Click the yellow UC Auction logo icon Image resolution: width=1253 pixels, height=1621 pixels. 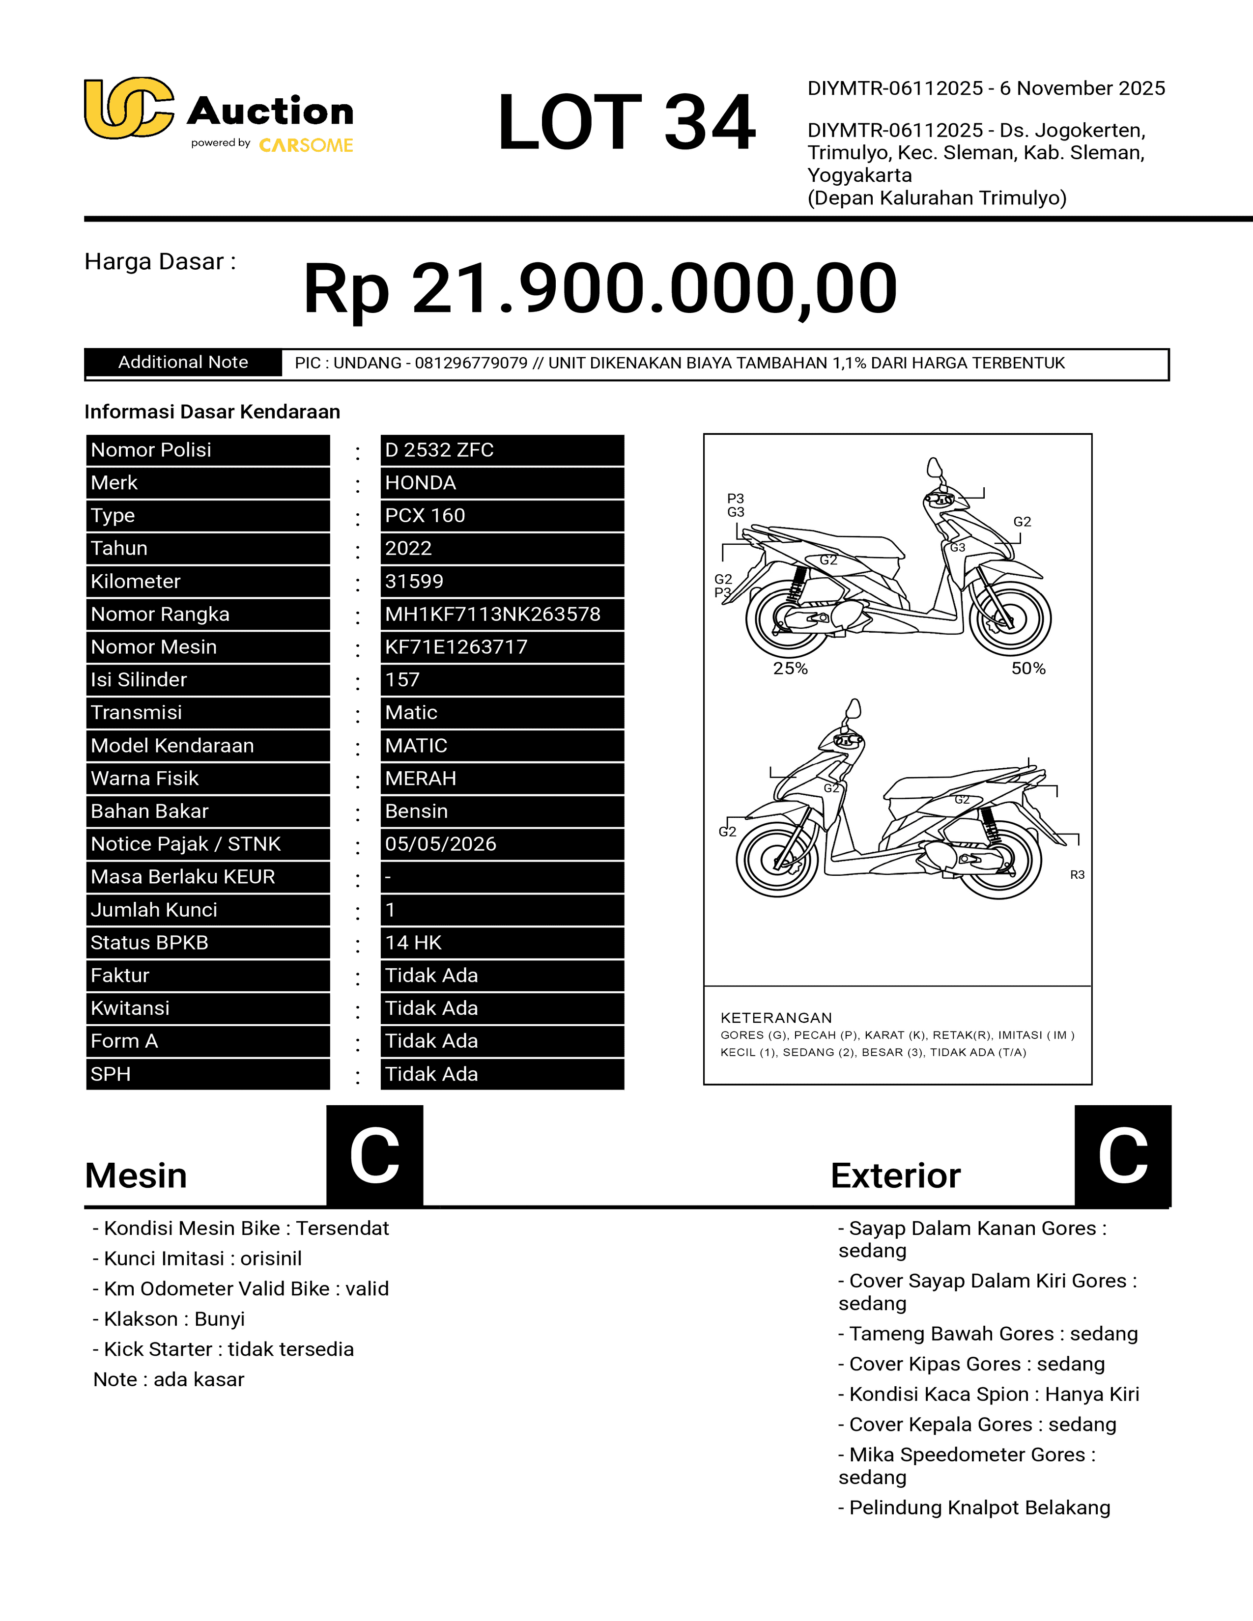(128, 109)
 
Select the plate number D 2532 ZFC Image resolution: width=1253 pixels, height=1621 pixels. (439, 450)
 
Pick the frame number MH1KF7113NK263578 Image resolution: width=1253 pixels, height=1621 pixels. (492, 614)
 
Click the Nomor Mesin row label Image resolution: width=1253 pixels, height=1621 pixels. (154, 646)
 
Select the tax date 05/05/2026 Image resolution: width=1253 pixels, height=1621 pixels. (440, 844)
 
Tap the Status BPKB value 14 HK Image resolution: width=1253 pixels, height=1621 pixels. (413, 943)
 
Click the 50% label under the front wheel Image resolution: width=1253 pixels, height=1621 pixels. (1028, 668)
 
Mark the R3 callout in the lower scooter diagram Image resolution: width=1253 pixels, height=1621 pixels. (1077, 875)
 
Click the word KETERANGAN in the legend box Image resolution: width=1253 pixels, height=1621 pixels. (776, 1018)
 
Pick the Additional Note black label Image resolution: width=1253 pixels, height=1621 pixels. (183, 362)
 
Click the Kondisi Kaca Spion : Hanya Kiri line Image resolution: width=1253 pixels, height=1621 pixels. (989, 1394)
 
